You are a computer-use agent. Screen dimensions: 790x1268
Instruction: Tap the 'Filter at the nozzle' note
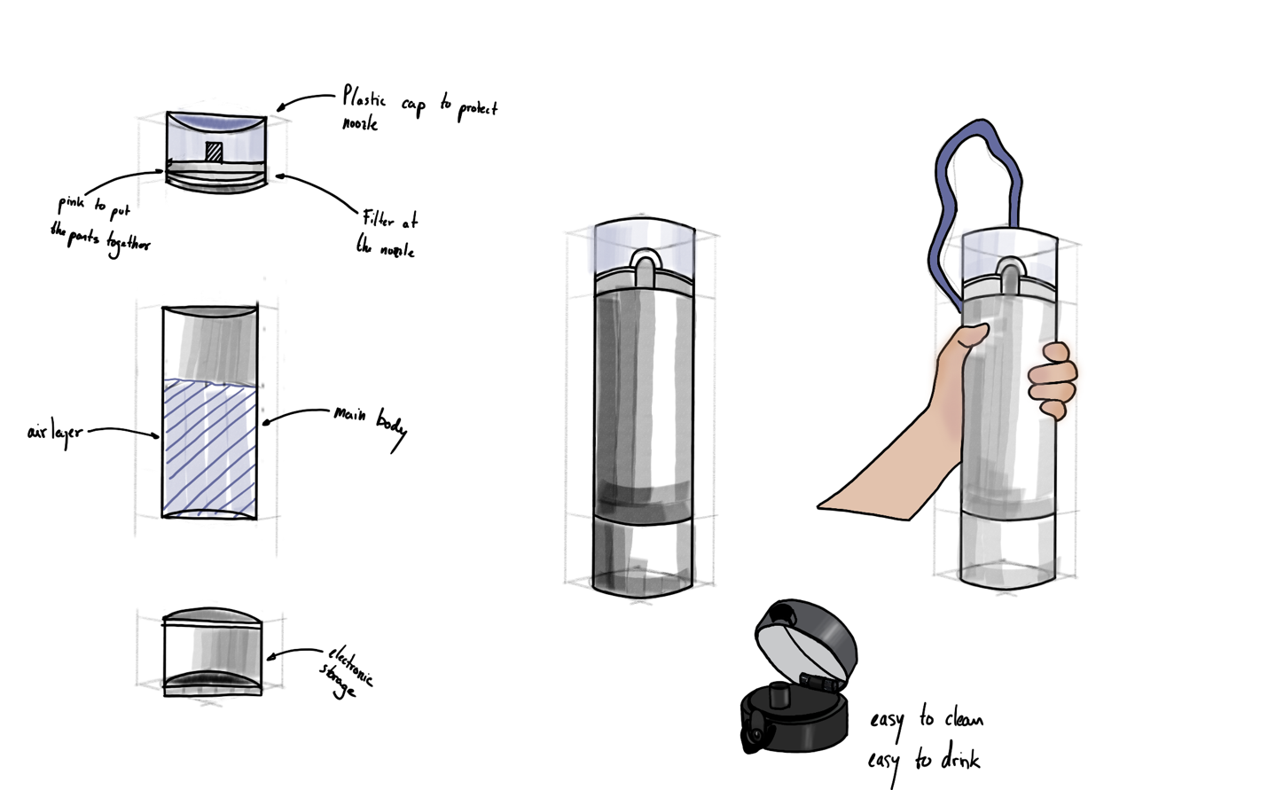pyautogui.click(x=387, y=232)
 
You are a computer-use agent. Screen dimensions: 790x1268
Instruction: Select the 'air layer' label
pyautogui.click(x=54, y=434)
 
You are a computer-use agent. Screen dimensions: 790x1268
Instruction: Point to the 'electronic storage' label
pyautogui.click(x=347, y=671)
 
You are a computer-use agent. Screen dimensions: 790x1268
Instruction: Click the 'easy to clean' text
pyautogui.click(x=926, y=719)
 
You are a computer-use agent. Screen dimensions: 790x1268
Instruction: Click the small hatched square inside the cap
pyautogui.click(x=214, y=152)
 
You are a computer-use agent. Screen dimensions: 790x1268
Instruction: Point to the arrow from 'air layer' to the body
pyautogui.click(x=124, y=431)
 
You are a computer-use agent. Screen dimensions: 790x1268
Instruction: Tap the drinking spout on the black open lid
pyautogui.click(x=778, y=691)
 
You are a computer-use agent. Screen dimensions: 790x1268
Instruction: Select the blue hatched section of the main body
pyautogui.click(x=209, y=443)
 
